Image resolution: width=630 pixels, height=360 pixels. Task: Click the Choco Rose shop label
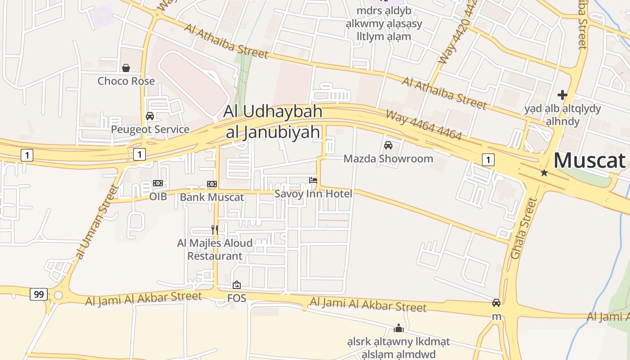click(x=126, y=81)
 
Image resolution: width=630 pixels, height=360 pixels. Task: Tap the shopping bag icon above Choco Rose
click(x=126, y=68)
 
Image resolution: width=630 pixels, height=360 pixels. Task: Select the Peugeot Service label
click(x=150, y=130)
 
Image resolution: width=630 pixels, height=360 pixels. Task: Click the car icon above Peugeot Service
click(x=150, y=116)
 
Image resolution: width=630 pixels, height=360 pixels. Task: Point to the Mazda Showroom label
click(x=388, y=158)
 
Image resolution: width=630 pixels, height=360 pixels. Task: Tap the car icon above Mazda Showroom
click(x=388, y=145)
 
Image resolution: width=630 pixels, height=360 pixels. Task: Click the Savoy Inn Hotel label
click(x=313, y=193)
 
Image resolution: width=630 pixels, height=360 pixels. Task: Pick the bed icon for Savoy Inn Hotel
click(x=313, y=180)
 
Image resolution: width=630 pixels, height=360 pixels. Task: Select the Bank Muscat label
click(x=211, y=197)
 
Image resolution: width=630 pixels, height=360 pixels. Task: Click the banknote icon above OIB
click(x=157, y=183)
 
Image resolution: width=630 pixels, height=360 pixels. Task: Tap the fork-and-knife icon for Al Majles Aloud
click(x=215, y=229)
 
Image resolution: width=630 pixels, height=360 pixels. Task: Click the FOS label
click(x=237, y=298)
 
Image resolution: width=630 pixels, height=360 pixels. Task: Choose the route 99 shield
click(x=39, y=295)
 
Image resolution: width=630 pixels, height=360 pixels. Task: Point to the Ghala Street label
click(x=524, y=229)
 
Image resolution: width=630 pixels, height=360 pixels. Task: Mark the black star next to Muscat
click(x=544, y=172)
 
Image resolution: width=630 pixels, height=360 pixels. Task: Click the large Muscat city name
click(x=589, y=161)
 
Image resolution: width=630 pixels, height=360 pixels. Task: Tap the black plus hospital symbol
click(x=562, y=95)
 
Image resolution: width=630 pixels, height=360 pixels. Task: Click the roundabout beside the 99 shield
click(x=58, y=295)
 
